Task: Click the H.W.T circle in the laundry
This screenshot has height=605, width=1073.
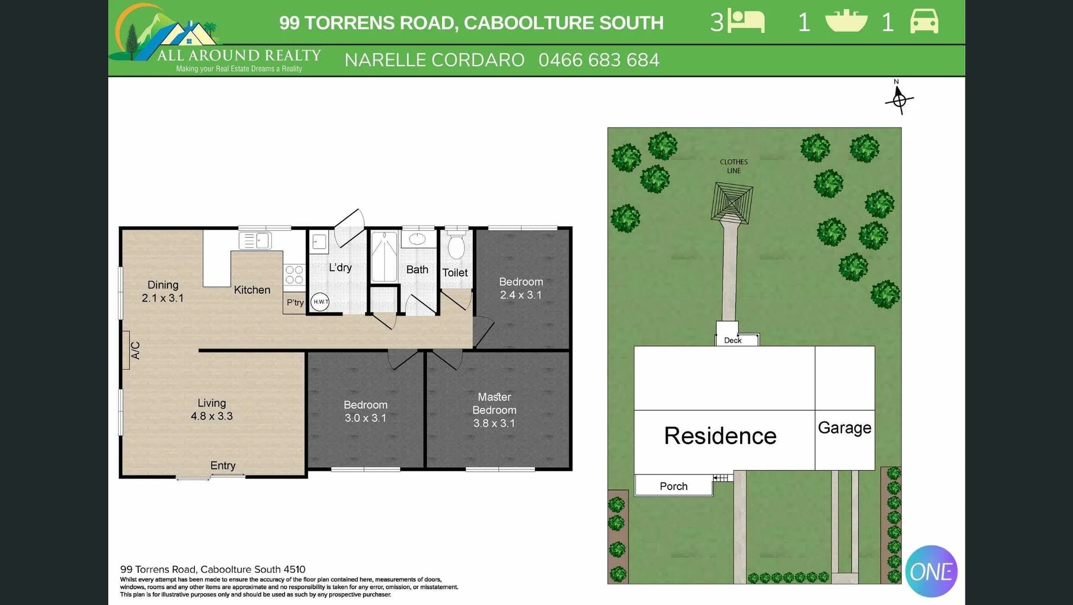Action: tap(320, 302)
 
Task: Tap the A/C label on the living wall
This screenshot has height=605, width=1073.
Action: tap(135, 350)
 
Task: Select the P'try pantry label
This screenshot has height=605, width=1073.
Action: tap(295, 302)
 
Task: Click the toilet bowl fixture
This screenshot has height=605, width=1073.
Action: tap(456, 246)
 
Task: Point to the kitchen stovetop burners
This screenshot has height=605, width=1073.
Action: tap(294, 275)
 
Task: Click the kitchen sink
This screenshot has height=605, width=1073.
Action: tap(256, 241)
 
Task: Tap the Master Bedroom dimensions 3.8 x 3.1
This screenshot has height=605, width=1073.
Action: tap(494, 424)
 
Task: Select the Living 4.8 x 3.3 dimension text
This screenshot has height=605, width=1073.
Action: tap(212, 416)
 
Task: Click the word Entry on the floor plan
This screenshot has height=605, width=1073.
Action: tap(222, 466)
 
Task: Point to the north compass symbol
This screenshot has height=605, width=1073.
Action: tap(899, 99)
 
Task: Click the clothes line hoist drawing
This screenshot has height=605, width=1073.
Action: tap(731, 202)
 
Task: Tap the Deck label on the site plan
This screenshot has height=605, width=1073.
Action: tap(732, 341)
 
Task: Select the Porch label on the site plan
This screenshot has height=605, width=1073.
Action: tap(673, 486)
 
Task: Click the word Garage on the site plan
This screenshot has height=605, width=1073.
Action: tap(844, 428)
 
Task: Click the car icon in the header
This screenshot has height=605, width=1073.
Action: tap(924, 22)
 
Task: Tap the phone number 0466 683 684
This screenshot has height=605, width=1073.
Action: tap(598, 60)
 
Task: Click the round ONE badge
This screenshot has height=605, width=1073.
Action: tap(931, 571)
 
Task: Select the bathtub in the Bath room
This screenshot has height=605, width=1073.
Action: tap(384, 257)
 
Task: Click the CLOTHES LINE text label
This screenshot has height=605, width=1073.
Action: tap(733, 166)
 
